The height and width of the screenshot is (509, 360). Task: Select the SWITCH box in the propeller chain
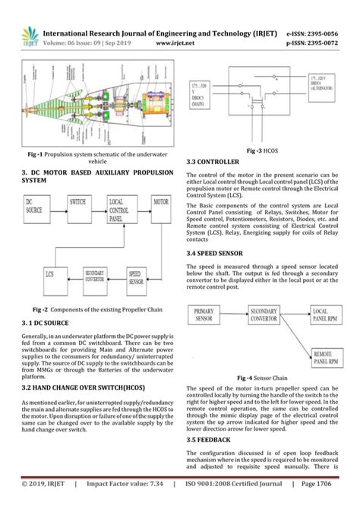click(x=77, y=205)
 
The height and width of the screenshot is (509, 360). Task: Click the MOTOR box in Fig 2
click(x=160, y=205)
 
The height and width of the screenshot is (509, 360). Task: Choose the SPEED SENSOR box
click(x=138, y=276)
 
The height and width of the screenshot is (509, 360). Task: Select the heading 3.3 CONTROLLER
click(x=213, y=163)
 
